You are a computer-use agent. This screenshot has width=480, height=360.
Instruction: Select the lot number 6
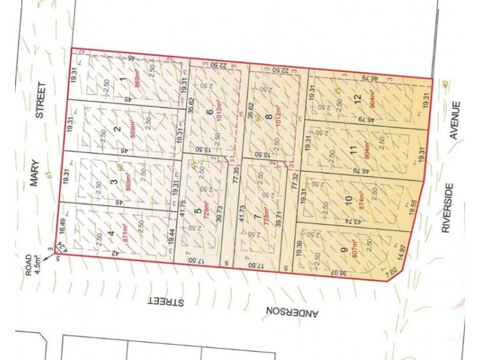point(209,112)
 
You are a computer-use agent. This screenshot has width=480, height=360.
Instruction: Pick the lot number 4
point(110,233)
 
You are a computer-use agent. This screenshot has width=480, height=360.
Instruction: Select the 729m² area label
point(206,214)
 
